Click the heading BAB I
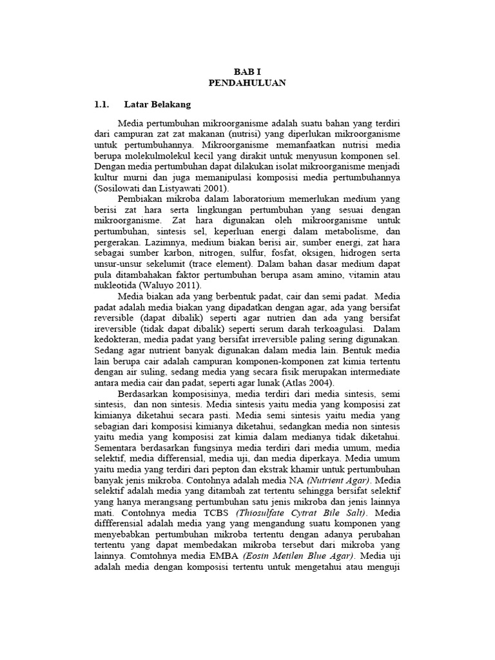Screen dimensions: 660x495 point(247,72)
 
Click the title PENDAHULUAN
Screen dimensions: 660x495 point(247,83)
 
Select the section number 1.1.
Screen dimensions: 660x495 point(102,104)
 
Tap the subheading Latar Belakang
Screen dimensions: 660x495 point(157,104)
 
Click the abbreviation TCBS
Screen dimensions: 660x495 point(199,513)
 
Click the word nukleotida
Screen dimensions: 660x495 point(115,285)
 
